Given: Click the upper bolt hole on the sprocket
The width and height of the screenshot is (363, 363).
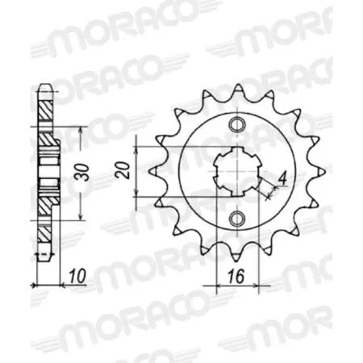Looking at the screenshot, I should click(236, 124).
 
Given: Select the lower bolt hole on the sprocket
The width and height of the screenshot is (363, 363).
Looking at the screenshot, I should click(236, 219).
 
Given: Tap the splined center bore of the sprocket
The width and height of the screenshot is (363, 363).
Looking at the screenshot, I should click(236, 171).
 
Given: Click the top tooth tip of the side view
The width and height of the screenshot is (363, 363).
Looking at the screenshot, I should click(47, 85).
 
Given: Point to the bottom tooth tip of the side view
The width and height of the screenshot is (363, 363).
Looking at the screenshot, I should click(47, 260).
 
